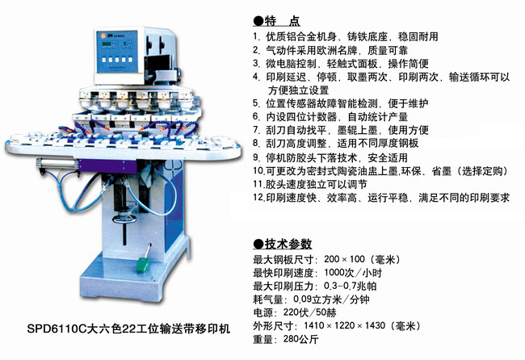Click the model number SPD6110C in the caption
coord(52,329)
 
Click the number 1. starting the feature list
coord(257,37)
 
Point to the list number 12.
coord(258,197)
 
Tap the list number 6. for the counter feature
coord(257,117)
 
